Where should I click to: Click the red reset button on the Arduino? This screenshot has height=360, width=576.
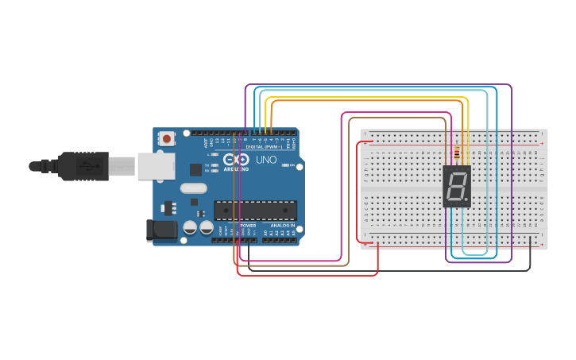click(x=167, y=139)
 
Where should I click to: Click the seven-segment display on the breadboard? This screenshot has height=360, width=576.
click(x=457, y=187)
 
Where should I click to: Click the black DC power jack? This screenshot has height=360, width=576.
click(x=161, y=230)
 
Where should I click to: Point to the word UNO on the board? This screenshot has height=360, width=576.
click(x=264, y=160)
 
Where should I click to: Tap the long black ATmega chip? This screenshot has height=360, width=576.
click(x=255, y=210)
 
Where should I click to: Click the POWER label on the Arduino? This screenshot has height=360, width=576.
click(x=248, y=226)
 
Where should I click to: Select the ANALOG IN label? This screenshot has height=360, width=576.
click(x=282, y=226)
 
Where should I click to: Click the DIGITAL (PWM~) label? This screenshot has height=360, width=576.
click(x=265, y=147)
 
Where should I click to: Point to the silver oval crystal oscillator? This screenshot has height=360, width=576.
click(x=193, y=188)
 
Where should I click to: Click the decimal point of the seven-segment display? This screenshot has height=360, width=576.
click(x=465, y=199)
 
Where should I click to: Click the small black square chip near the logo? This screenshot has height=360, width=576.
click(x=195, y=169)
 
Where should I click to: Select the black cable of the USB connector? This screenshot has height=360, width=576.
click(x=44, y=166)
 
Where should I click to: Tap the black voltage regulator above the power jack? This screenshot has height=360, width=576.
click(x=168, y=208)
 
